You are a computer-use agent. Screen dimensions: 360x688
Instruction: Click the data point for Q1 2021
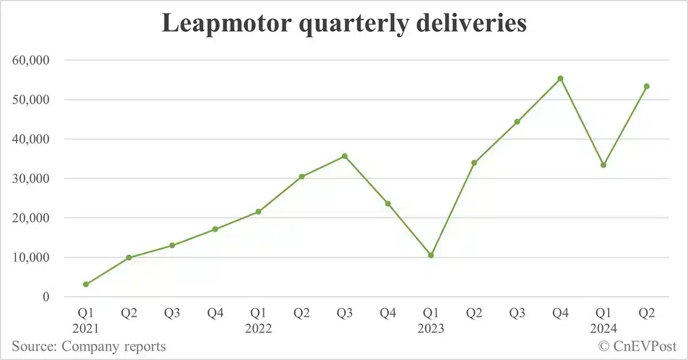pyautogui.click(x=86, y=284)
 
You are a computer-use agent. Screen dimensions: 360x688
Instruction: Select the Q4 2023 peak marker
pyautogui.click(x=561, y=79)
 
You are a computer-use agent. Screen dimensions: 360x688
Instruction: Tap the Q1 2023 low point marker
pyautogui.click(x=431, y=255)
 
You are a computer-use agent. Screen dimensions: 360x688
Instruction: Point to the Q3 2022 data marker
pyautogui.click(x=345, y=156)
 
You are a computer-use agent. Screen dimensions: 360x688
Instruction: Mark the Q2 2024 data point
pyautogui.click(x=647, y=87)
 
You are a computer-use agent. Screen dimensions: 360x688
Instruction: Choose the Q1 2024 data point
pyautogui.click(x=603, y=165)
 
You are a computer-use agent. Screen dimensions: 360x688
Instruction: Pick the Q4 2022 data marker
pyautogui.click(x=388, y=204)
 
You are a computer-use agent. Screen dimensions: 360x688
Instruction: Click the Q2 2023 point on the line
pyautogui.click(x=474, y=163)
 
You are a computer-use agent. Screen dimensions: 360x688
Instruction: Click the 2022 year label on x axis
pyautogui.click(x=258, y=329)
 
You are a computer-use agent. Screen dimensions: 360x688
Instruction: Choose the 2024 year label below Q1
pyautogui.click(x=603, y=329)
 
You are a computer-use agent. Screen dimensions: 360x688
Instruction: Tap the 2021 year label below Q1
pyautogui.click(x=86, y=329)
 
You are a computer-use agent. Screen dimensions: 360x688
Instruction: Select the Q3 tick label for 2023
pyautogui.click(x=517, y=314)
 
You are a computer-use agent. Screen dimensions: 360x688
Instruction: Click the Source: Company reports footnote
pyautogui.click(x=89, y=346)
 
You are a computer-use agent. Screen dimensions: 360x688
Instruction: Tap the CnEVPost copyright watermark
pyautogui.click(x=638, y=346)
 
